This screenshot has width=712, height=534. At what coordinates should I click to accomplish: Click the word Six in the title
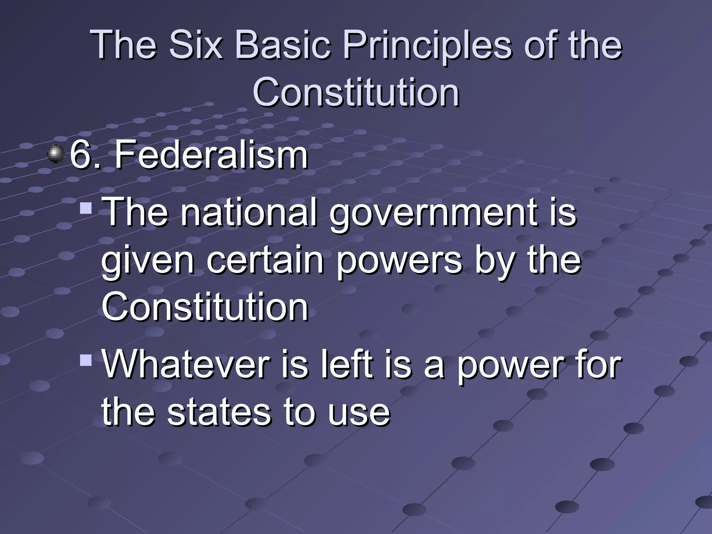click(x=195, y=45)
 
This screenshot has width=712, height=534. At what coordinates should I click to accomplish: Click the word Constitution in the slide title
click(x=356, y=92)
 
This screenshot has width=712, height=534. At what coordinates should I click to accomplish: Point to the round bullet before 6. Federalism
click(x=56, y=154)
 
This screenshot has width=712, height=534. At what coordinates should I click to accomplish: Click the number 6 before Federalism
click(x=81, y=155)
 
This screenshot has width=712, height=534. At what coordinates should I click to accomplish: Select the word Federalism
click(x=211, y=155)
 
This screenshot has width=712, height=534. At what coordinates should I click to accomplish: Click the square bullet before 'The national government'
click(x=86, y=208)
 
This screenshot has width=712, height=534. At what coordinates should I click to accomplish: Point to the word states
click(x=219, y=413)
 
